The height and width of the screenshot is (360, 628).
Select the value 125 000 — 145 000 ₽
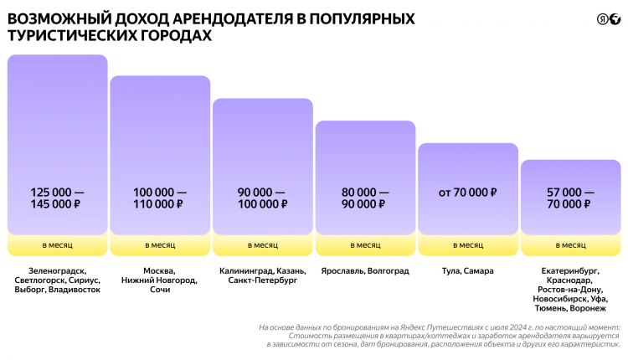coord(57,198)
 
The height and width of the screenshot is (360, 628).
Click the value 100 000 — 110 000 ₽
coord(159,198)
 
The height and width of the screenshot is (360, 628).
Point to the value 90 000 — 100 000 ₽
coord(262,198)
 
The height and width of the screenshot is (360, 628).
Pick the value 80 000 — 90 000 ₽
coord(365,198)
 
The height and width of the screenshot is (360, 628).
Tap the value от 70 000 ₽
coord(467,193)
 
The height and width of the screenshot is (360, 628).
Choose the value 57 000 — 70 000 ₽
coord(570,198)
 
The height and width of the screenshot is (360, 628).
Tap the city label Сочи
coord(159,290)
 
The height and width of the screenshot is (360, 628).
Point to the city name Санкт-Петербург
coord(262,280)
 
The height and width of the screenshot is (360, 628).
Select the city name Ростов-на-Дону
coord(573,290)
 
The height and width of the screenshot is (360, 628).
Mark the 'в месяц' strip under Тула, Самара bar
coord(467,245)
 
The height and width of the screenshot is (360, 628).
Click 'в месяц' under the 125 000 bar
coord(57,245)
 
